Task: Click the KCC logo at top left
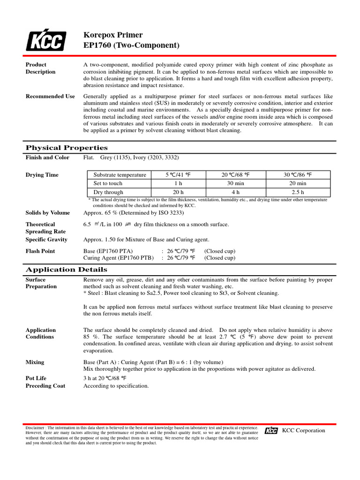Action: (45, 41)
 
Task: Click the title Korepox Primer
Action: (112, 35)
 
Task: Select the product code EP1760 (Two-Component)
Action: (131, 45)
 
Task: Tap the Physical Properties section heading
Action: (66, 148)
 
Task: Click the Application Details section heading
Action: (66, 270)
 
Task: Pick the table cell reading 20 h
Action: (178, 192)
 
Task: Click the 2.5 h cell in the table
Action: (297, 192)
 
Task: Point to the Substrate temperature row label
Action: (120, 175)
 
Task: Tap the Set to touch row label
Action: (108, 183)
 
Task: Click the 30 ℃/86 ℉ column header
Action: (297, 175)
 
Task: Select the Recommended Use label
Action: (50, 96)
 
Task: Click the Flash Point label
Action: (40, 251)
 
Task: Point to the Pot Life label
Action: (36, 378)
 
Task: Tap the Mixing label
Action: (35, 362)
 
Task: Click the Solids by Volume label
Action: (47, 213)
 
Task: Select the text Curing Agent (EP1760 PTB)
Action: (118, 258)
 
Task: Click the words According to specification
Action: (116, 386)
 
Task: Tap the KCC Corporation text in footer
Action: (303, 430)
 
